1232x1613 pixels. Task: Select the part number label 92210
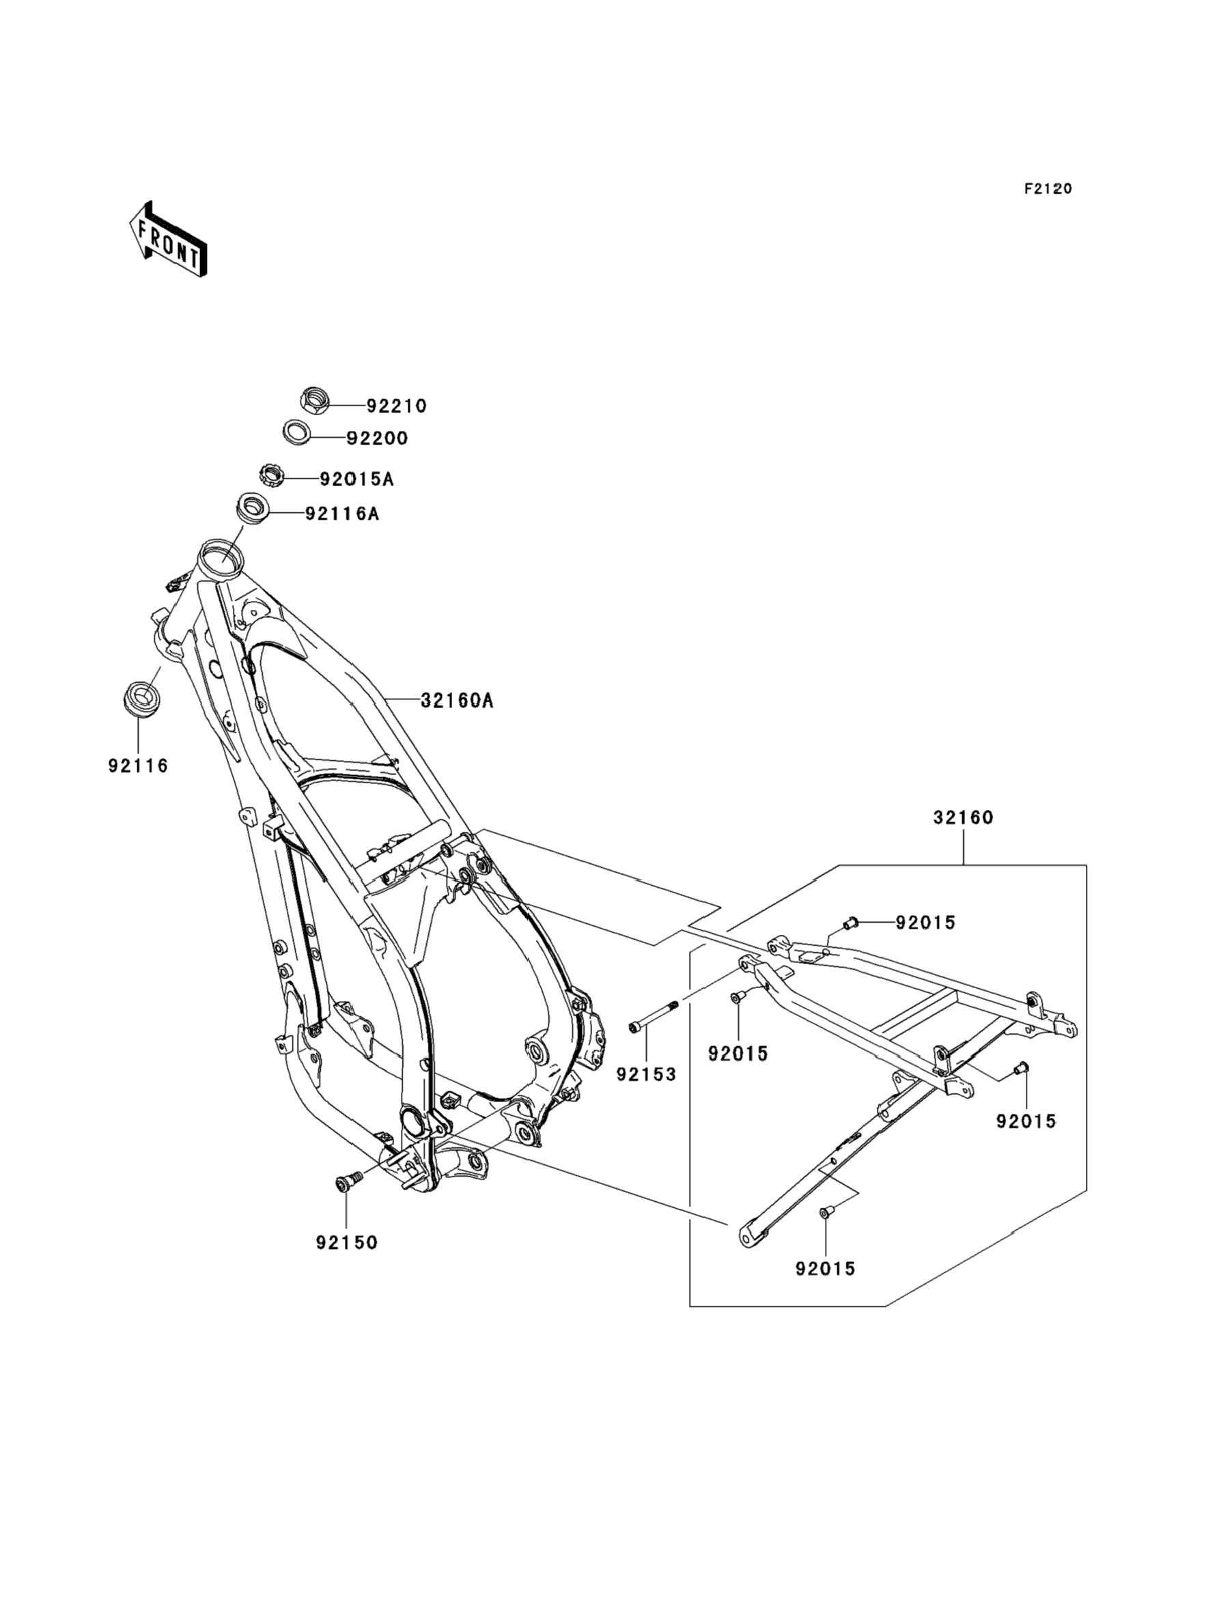(397, 406)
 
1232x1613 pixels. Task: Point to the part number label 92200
(377, 438)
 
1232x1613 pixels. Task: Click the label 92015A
(356, 479)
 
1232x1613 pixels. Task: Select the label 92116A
(342, 514)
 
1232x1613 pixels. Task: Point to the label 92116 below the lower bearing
(139, 766)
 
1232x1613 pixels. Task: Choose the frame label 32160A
(457, 701)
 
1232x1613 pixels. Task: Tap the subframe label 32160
(963, 817)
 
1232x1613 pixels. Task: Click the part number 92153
(646, 1075)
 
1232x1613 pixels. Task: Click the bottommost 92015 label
(826, 1268)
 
